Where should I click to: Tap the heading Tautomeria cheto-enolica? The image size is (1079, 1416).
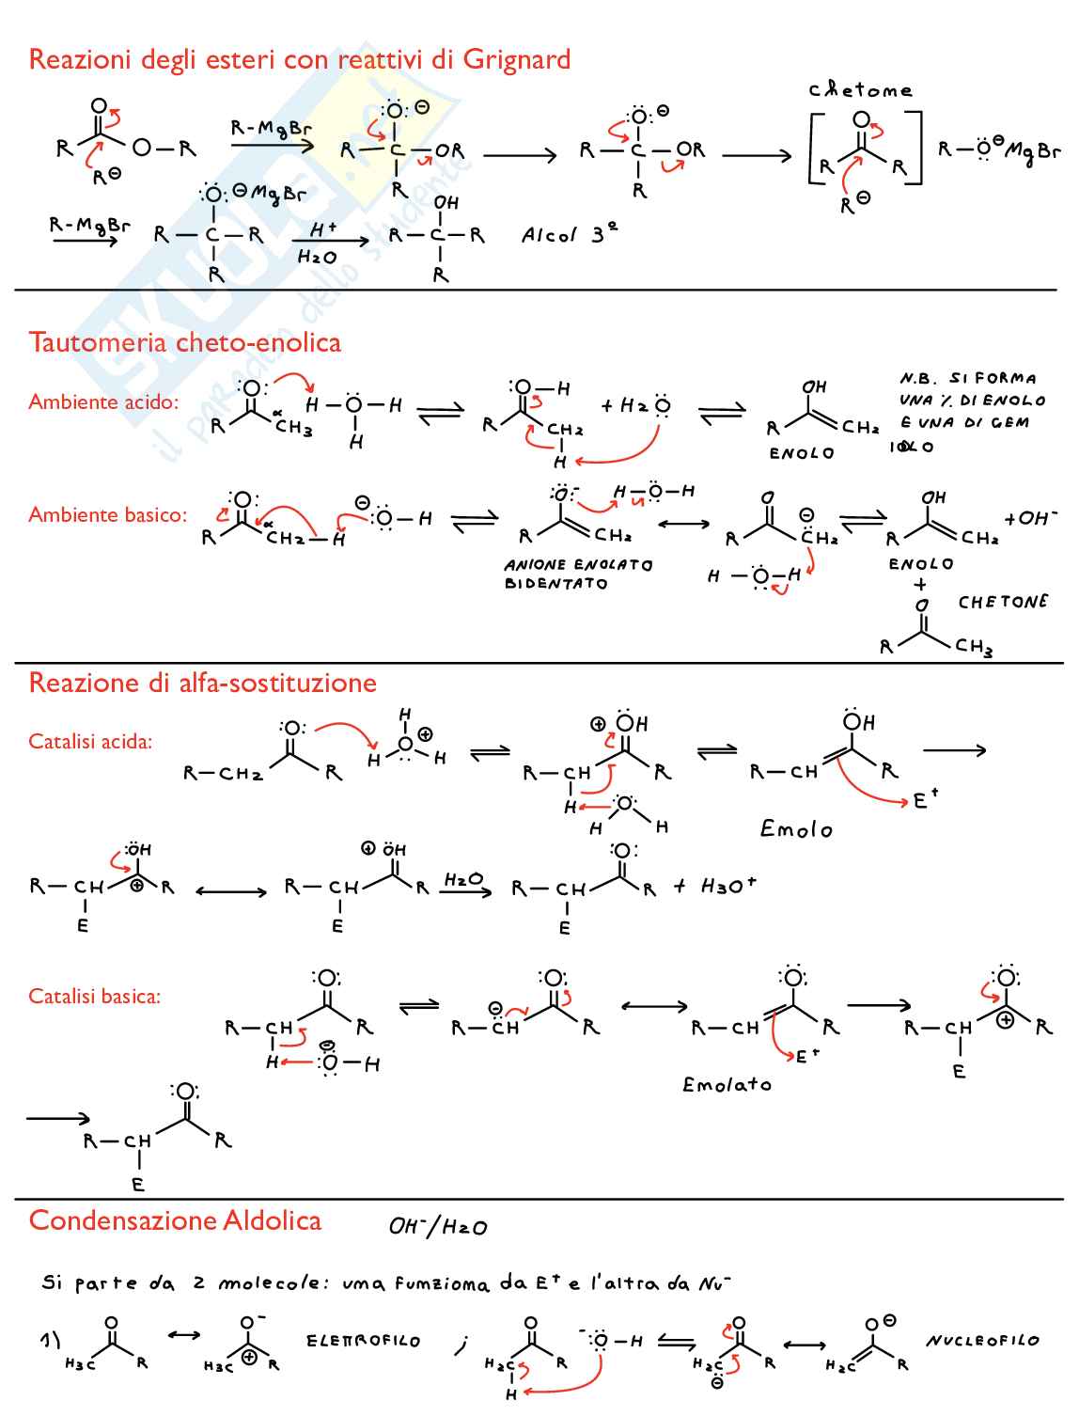(184, 342)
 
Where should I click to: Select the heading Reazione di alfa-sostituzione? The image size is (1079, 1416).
(202, 683)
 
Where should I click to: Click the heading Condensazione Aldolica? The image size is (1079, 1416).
(175, 1220)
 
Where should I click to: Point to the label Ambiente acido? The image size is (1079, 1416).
(103, 402)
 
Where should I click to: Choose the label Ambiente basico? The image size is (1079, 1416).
(107, 515)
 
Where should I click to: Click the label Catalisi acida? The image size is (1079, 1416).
(90, 742)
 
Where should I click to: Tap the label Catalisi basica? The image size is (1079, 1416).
(94, 997)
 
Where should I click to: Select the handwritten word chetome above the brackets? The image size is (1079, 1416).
(860, 90)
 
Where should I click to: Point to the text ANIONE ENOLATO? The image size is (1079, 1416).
(578, 565)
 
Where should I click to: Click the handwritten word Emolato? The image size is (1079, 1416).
(727, 1085)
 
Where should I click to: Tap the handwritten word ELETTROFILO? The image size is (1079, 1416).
(363, 1341)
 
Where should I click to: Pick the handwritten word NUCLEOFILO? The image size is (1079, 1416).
(982, 1341)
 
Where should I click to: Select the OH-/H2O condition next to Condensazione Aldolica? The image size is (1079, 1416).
(438, 1226)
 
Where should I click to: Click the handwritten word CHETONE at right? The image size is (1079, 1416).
(1003, 602)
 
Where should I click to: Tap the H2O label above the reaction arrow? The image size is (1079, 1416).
(463, 879)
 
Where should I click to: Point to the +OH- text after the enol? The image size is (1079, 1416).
(1031, 518)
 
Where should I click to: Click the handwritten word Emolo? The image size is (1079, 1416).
(796, 829)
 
